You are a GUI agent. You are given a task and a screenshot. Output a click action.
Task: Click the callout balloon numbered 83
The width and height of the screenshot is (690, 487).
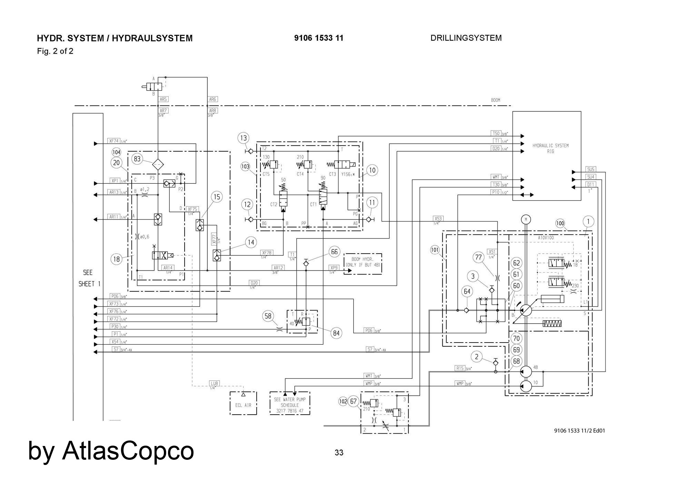click(x=137, y=159)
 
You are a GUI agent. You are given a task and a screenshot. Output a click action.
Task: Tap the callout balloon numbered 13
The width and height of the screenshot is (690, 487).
click(x=244, y=138)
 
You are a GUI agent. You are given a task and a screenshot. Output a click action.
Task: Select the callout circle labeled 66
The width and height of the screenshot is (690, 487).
click(x=334, y=252)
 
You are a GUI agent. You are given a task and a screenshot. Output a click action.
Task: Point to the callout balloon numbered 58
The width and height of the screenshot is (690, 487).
click(x=268, y=316)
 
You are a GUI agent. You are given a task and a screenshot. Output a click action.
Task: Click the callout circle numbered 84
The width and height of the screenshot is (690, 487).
click(x=336, y=333)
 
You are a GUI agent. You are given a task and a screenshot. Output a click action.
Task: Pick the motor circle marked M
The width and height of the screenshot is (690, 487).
click(x=526, y=220)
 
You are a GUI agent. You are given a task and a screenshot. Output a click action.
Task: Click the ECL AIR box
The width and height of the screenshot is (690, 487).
click(x=243, y=403)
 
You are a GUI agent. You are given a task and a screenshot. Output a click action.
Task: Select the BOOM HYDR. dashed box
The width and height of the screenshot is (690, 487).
click(x=363, y=264)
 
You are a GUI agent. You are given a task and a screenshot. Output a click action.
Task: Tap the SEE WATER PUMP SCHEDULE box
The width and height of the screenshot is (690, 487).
click(x=289, y=403)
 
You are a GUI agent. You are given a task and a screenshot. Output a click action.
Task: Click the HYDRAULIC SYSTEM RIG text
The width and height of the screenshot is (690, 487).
click(x=550, y=148)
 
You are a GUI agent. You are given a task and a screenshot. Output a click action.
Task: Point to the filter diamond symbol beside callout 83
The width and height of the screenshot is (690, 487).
click(x=158, y=165)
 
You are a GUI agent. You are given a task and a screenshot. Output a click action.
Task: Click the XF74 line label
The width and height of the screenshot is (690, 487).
click(x=114, y=141)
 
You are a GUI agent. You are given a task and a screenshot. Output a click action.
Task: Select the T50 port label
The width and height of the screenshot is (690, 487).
click(x=496, y=133)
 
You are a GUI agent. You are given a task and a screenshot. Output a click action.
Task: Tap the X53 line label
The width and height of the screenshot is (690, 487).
click(x=438, y=219)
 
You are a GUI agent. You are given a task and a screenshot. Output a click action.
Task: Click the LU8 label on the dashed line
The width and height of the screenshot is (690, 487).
click(x=214, y=383)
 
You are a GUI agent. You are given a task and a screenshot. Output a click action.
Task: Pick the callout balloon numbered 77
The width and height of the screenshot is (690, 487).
click(x=479, y=257)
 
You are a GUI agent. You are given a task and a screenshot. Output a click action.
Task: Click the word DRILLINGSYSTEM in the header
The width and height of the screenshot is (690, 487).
click(x=466, y=38)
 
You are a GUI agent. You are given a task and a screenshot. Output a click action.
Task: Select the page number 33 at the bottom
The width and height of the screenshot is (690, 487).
click(x=339, y=453)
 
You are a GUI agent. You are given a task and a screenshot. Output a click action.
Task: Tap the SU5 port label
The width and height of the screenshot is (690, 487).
click(x=591, y=170)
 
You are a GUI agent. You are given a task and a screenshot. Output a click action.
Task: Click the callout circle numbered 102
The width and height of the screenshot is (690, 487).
click(x=343, y=401)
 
